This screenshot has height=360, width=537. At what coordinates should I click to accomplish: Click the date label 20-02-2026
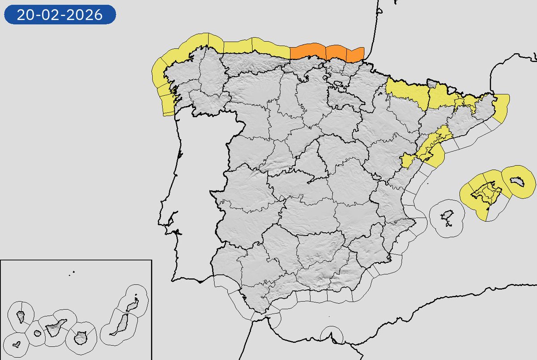[60, 15]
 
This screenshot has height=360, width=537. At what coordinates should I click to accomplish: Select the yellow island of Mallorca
[485, 192]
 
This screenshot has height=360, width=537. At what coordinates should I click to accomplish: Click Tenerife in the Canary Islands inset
[55, 326]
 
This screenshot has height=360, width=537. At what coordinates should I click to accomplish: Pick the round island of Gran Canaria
[81, 338]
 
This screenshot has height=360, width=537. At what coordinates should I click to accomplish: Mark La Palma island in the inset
[21, 317]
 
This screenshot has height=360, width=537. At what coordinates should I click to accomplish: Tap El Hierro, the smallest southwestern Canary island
[17, 345]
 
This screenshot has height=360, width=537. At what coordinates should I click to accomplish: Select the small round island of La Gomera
[37, 334]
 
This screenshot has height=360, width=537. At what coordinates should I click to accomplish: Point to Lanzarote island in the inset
[132, 306]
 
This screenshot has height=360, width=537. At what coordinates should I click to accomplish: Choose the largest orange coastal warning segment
[308, 51]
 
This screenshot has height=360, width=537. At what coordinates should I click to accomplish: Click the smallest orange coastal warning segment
[355, 54]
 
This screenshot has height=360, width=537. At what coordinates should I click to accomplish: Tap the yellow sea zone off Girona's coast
[502, 107]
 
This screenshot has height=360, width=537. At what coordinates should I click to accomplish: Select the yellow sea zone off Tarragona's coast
[435, 157]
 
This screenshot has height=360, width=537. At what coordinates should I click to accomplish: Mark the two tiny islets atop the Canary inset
[72, 271]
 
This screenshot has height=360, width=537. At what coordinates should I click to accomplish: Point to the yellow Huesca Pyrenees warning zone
[407, 93]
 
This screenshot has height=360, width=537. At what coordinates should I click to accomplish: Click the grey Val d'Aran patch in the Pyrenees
[431, 83]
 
